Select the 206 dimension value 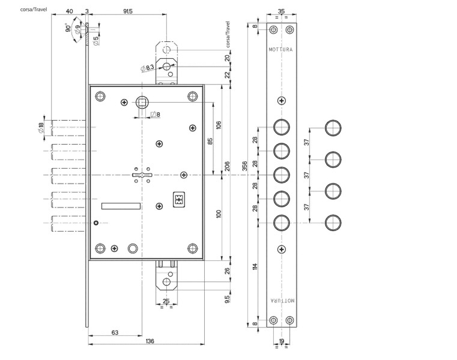(228, 166)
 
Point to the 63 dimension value (115, 332)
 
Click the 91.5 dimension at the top (127, 11)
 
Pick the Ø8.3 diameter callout (147, 68)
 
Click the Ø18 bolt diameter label (41, 128)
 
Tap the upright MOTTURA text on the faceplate (280, 50)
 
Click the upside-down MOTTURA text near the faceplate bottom (280, 299)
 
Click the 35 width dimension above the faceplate (282, 11)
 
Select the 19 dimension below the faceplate (282, 341)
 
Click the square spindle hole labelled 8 (142, 103)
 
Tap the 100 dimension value (219, 214)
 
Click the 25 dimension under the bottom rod (166, 301)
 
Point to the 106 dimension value (219, 125)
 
